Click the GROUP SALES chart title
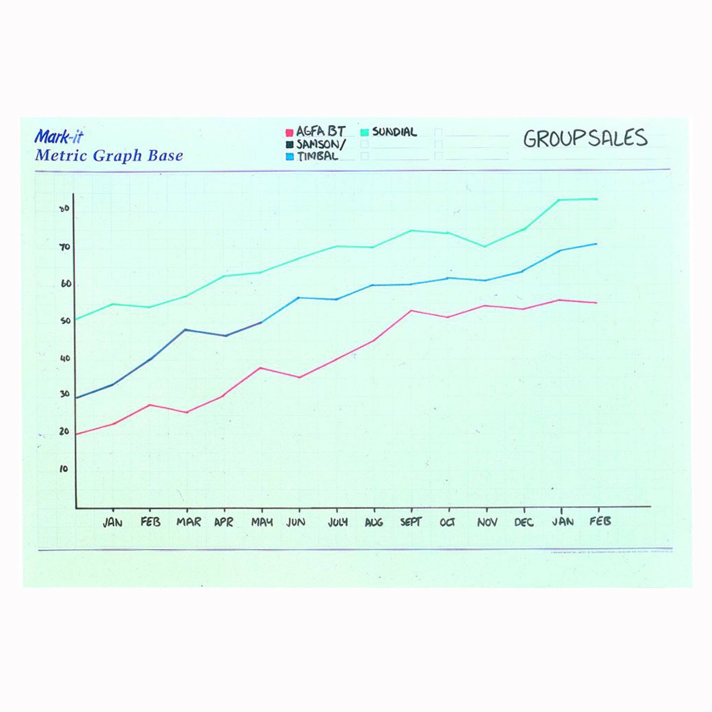click(585, 138)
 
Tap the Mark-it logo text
click(59, 137)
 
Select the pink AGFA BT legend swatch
click(290, 133)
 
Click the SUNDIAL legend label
click(394, 132)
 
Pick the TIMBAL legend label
click(318, 156)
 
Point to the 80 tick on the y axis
click(64, 209)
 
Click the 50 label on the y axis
click(65, 321)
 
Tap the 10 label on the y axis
click(64, 469)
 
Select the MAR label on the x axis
click(188, 522)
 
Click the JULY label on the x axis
click(338, 522)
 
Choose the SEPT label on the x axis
click(411, 522)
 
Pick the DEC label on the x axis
click(524, 522)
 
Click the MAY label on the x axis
click(262, 522)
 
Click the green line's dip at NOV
click(485, 246)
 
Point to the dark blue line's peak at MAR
click(185, 329)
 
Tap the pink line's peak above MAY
click(261, 368)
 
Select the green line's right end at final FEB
click(596, 199)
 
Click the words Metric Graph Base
click(109, 156)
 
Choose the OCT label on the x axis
click(447, 522)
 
